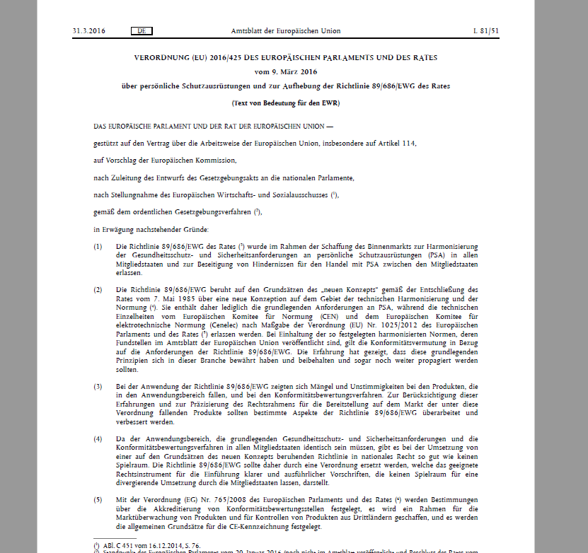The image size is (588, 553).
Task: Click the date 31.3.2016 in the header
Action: tap(89, 31)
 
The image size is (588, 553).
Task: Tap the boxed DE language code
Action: tap(142, 31)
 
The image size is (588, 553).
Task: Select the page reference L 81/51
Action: tap(485, 31)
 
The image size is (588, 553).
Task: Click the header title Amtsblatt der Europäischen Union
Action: tap(286, 31)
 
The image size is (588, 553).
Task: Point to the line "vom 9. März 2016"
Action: tap(286, 71)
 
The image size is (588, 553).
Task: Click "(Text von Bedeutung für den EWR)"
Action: tap(286, 103)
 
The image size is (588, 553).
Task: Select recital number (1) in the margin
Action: tap(98, 245)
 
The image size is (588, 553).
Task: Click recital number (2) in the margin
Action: tap(98, 290)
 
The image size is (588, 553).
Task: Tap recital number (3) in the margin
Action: tap(98, 387)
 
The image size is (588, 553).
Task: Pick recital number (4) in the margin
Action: tap(98, 439)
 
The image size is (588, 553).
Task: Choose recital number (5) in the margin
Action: tap(98, 501)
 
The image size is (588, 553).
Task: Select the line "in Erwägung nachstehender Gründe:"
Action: tap(150, 228)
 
